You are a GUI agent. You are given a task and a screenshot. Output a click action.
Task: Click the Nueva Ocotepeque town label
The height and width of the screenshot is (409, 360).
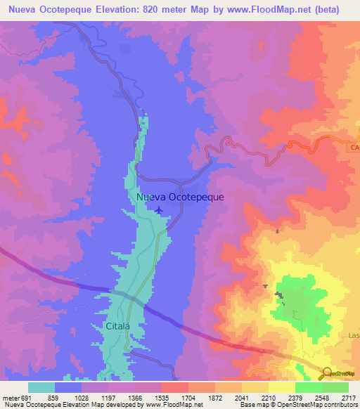(181, 197)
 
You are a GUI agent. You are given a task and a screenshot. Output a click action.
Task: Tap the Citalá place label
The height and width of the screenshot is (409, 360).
(110, 327)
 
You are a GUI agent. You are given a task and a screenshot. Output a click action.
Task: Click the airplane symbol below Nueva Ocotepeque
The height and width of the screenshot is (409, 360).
(160, 210)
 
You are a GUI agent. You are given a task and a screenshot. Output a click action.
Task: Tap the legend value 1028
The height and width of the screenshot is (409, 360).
(82, 396)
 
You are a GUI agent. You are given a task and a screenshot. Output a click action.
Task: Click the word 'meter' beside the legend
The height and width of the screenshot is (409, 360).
(10, 396)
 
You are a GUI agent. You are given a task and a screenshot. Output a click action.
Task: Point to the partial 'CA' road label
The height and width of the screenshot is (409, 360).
(354, 148)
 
